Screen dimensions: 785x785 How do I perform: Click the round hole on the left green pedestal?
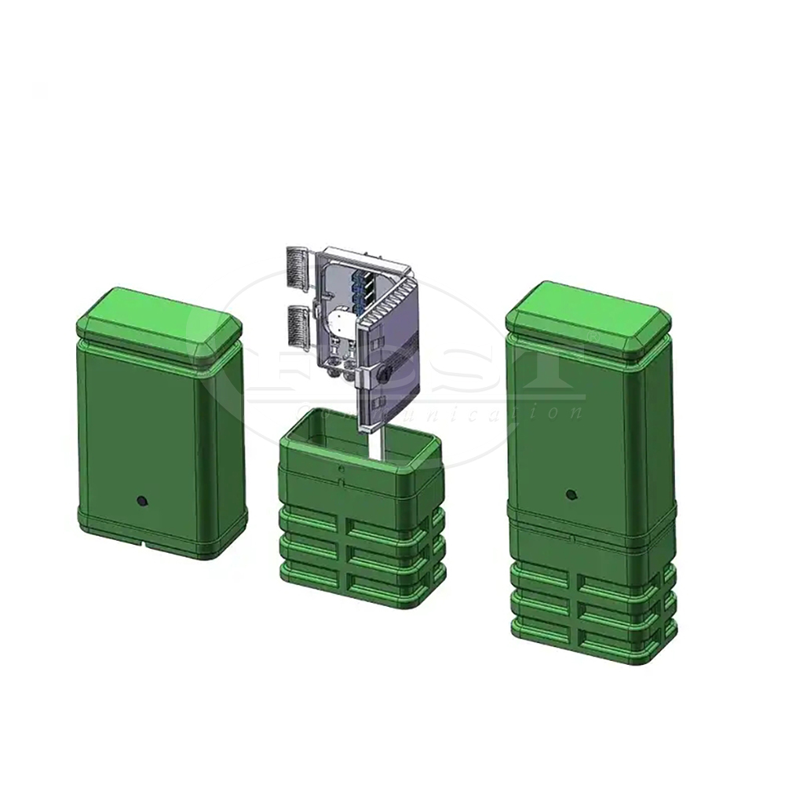click(x=142, y=500)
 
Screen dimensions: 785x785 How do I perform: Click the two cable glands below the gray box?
click(x=338, y=364)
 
